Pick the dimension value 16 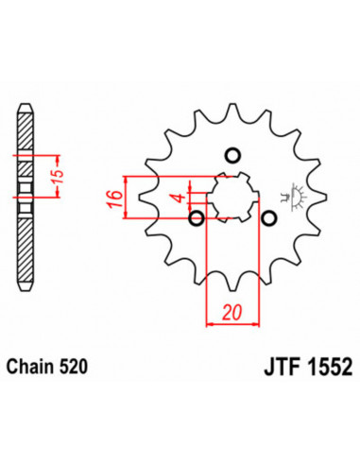(x=111, y=198)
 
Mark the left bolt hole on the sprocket (x=197, y=220)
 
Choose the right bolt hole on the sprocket (x=270, y=220)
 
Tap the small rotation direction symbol (x=295, y=196)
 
